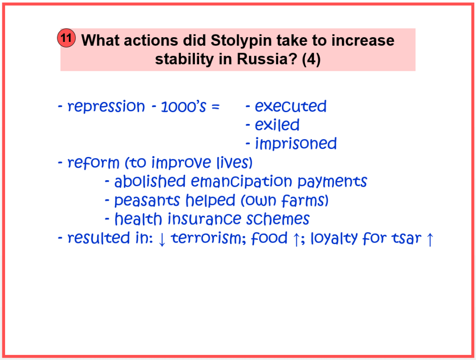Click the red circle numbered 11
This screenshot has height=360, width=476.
tap(67, 38)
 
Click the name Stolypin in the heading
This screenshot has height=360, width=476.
tap(241, 41)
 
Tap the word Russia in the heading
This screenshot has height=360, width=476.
tap(267, 59)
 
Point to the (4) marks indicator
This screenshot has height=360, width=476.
tap(311, 59)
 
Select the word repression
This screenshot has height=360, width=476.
tap(106, 107)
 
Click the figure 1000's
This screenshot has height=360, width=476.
tap(183, 107)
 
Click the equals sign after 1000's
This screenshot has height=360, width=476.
tap(215, 107)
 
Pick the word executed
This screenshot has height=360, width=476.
tap(290, 106)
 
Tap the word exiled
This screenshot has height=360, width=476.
tap(277, 125)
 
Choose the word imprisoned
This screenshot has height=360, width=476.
tap(295, 144)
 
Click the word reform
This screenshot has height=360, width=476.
tap(94, 163)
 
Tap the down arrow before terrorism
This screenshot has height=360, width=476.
tap(162, 239)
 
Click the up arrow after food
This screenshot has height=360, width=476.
tap(296, 239)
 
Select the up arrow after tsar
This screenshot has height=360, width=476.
tap(430, 239)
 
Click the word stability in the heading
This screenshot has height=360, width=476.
tap(184, 59)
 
